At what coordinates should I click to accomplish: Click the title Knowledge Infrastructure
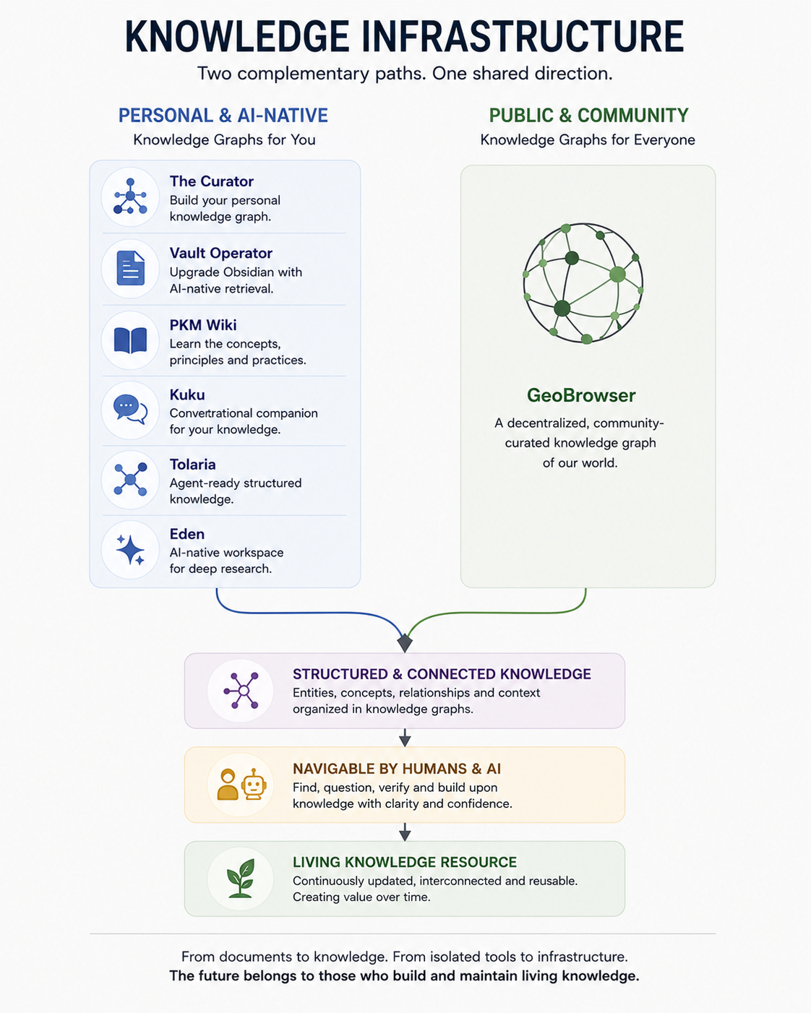click(404, 37)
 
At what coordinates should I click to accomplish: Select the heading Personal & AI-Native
click(223, 116)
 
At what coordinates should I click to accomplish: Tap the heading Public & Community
click(588, 116)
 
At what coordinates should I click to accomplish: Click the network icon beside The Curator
click(130, 197)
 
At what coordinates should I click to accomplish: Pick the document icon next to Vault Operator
click(130, 268)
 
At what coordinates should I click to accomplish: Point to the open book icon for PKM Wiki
click(130, 340)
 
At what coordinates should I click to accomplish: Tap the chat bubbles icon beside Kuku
click(130, 409)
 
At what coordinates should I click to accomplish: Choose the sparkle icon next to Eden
click(130, 549)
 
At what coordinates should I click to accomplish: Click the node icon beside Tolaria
click(130, 479)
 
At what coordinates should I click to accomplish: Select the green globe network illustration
click(583, 283)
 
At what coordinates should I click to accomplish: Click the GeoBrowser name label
click(581, 395)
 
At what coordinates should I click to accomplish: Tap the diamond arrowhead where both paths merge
click(405, 642)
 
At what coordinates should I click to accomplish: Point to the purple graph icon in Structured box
click(241, 691)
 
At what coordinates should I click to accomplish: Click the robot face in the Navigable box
click(254, 784)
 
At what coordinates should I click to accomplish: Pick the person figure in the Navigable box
click(228, 784)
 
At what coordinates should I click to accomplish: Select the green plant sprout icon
click(241, 879)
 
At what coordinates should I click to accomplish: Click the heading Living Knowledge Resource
click(405, 862)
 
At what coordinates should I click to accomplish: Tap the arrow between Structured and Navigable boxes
click(405, 738)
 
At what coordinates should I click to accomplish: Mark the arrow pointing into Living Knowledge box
click(405, 832)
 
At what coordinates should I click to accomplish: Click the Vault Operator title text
click(221, 253)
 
